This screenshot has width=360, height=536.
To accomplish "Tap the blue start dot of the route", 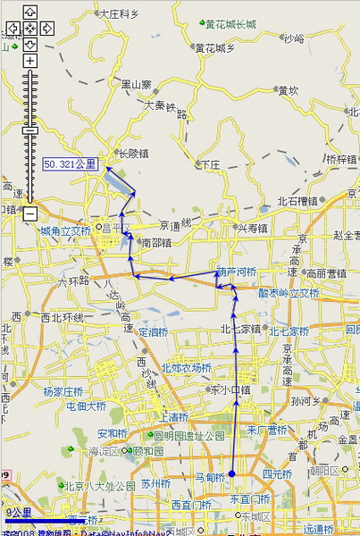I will tap(231, 473).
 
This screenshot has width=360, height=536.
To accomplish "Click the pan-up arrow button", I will tap(29, 13).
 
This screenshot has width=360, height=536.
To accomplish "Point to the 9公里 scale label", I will tap(19, 513).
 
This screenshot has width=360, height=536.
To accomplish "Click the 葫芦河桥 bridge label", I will tap(236, 272).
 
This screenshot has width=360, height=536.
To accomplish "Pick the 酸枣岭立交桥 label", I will tap(289, 292).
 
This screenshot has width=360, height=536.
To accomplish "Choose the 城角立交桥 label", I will tap(65, 230).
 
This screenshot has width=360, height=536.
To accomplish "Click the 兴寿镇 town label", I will tap(253, 229).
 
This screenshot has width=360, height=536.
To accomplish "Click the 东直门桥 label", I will tap(250, 498).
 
